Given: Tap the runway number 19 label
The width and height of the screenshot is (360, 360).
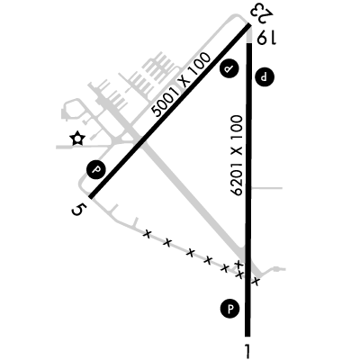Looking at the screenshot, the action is coord(266,37).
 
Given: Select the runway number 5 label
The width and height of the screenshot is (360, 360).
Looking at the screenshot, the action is coord(78,210).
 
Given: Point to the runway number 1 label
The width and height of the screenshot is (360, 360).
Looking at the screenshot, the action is coord(247,350).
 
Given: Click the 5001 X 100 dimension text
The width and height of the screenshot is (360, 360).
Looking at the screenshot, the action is coord(181,85).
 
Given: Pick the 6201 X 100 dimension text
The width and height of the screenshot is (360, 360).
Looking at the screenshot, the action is coord(237,156).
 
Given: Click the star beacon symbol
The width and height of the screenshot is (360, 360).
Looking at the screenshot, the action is coord(77,139).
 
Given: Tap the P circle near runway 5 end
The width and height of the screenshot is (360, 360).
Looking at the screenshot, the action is coord(96,170).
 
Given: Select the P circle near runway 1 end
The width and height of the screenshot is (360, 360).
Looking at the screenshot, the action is coord(230,309).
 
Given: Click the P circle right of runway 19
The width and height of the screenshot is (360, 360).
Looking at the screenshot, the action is coord(265,77).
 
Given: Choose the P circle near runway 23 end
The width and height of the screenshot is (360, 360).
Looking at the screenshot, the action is coord(229,69).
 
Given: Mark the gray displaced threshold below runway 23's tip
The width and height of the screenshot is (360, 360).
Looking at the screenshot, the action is coord(249,37).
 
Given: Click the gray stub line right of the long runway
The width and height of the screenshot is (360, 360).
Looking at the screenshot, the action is coord(266,188).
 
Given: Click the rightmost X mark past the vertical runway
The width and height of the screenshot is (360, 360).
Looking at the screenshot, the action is coord(256,282).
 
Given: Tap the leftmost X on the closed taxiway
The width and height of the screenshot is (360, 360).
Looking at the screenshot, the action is coord(147,234).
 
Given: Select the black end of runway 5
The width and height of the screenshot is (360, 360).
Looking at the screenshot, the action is coord(91,196).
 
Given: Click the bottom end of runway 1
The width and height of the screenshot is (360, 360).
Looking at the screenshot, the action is coord(247,336).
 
